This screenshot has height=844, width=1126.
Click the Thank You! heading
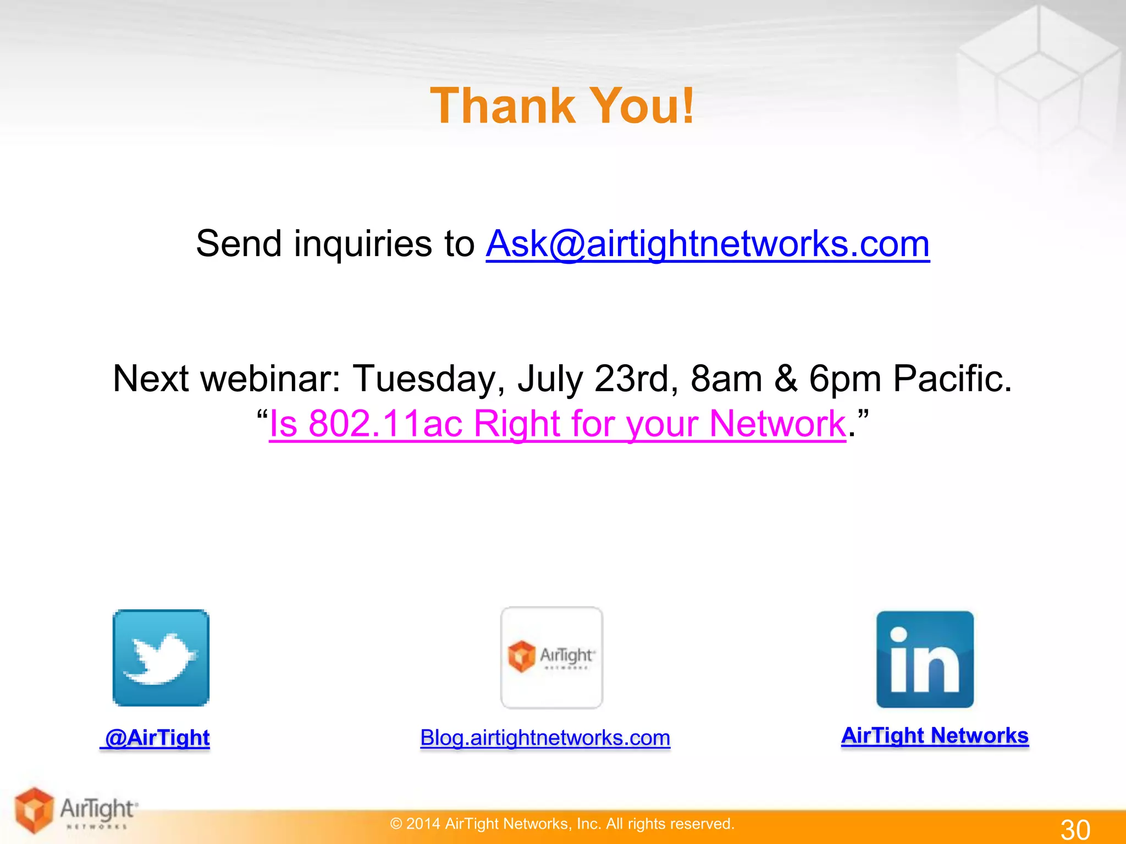pyautogui.click(x=562, y=105)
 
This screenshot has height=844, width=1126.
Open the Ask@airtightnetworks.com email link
pyautogui.click(x=707, y=243)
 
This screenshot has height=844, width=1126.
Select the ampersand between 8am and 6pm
pyautogui.click(x=786, y=379)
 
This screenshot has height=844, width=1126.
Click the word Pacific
pyautogui.click(x=951, y=379)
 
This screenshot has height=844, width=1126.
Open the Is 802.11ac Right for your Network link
pyautogui.click(x=557, y=424)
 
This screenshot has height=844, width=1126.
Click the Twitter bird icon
pyautogui.click(x=161, y=658)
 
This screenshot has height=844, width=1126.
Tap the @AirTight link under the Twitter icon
pyautogui.click(x=156, y=737)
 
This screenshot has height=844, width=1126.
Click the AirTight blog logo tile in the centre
pyautogui.click(x=551, y=658)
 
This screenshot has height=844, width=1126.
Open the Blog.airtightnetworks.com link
pyautogui.click(x=545, y=737)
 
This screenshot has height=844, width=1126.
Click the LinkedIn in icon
pyautogui.click(x=925, y=659)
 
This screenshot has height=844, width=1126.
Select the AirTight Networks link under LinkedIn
pyautogui.click(x=935, y=735)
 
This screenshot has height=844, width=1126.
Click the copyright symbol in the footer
pyautogui.click(x=396, y=824)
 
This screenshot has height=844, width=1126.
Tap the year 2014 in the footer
pyautogui.click(x=423, y=824)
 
